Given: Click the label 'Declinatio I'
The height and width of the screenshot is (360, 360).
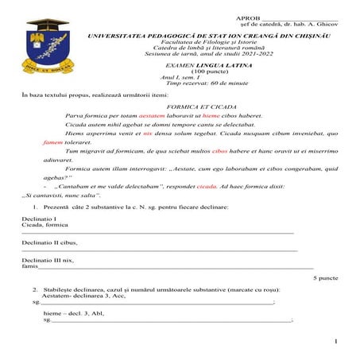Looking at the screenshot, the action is click(x=37, y=218).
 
